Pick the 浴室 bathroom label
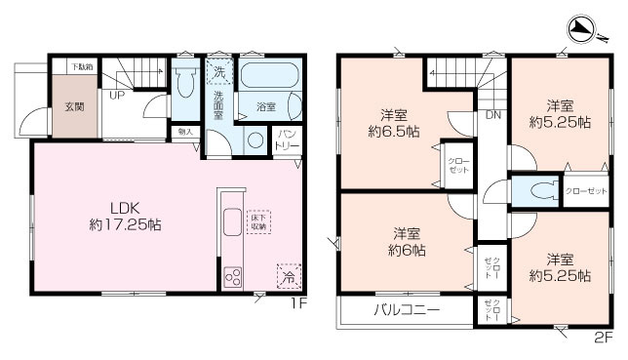tap(265, 107)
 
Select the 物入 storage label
tap(186, 131)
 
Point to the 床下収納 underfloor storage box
tap(256, 222)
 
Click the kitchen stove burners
tap(234, 275)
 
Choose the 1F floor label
tap(297, 302)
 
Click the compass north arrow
tap(581, 31)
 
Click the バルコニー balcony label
tap(407, 311)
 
